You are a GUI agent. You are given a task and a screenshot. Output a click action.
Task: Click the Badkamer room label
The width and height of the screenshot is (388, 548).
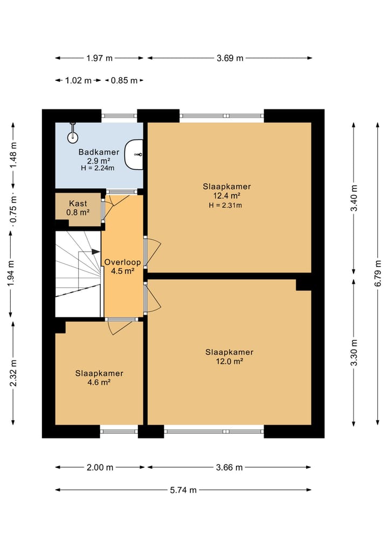tap(99, 152)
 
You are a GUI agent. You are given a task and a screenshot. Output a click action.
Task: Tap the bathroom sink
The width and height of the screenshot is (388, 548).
tap(134, 155)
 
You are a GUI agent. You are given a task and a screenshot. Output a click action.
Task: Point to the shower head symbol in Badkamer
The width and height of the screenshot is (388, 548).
tap(72, 134)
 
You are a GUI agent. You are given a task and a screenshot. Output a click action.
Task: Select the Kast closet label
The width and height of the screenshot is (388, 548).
tap(78, 203)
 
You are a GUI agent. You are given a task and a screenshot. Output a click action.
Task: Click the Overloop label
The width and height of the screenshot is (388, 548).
tap(122, 262)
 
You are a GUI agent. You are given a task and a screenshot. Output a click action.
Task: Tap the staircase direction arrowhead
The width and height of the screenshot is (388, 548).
tap(95, 252)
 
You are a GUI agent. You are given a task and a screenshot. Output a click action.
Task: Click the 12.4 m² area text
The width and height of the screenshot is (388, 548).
tap(227, 196)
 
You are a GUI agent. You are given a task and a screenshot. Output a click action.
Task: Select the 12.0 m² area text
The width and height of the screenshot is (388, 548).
tap(230, 361)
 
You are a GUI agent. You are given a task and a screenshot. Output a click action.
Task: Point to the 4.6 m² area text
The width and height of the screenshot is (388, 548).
tap(99, 383)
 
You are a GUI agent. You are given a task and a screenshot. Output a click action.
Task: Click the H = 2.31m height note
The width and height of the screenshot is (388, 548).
tap(225, 205)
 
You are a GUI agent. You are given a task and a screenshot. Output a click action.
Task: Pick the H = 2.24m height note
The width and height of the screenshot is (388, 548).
tap(98, 168)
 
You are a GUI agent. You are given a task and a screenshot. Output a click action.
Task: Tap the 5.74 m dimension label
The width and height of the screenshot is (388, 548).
tap(183, 490)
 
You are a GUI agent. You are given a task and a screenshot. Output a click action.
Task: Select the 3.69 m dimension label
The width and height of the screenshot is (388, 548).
tap(230, 58)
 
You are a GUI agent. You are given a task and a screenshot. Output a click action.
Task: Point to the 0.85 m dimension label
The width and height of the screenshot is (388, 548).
tap(124, 80)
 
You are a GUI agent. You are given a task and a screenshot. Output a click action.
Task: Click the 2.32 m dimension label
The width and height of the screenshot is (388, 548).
tap(13, 373)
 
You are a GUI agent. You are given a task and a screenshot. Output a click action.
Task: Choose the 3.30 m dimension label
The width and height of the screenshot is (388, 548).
tap(354, 352)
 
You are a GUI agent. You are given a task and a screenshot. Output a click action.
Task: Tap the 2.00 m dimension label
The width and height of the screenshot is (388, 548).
tap(100, 467)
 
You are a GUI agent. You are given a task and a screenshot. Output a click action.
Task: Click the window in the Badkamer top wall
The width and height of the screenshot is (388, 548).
tap(119, 116)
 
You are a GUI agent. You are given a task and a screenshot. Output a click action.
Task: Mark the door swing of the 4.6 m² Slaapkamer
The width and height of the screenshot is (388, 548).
tap(120, 328)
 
